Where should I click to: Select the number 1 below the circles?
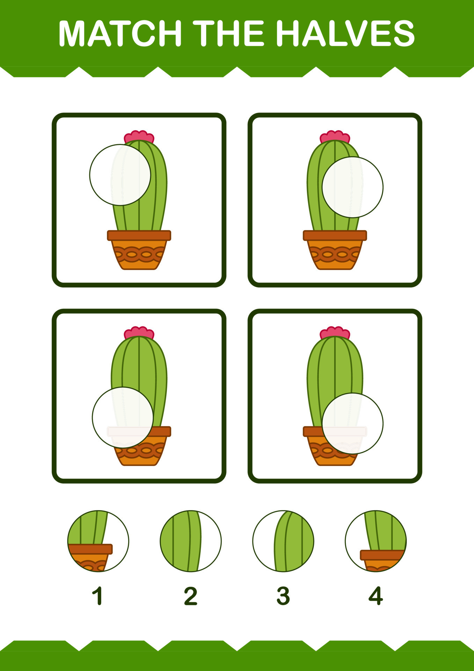pyautogui.click(x=98, y=596)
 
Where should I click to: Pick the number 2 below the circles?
pyautogui.click(x=191, y=596)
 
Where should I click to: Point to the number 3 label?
pyautogui.click(x=283, y=596)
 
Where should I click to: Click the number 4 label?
pyautogui.click(x=376, y=596)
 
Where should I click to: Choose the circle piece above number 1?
pyautogui.click(x=98, y=541)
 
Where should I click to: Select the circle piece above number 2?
pyautogui.click(x=191, y=541)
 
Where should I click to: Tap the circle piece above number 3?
pyautogui.click(x=283, y=541)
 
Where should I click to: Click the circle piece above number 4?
pyautogui.click(x=376, y=541)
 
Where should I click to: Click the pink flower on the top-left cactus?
pyautogui.click(x=139, y=137)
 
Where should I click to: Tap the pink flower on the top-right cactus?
pyautogui.click(x=335, y=137)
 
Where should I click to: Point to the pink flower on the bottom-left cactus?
pyautogui.click(x=139, y=333)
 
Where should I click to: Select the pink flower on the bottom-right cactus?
pyautogui.click(x=335, y=333)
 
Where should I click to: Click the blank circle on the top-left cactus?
pyautogui.click(x=120, y=175)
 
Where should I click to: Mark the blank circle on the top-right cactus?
pyautogui.click(x=352, y=187)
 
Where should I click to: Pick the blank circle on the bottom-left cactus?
pyautogui.click(x=123, y=417)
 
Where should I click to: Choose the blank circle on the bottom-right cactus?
pyautogui.click(x=352, y=423)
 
